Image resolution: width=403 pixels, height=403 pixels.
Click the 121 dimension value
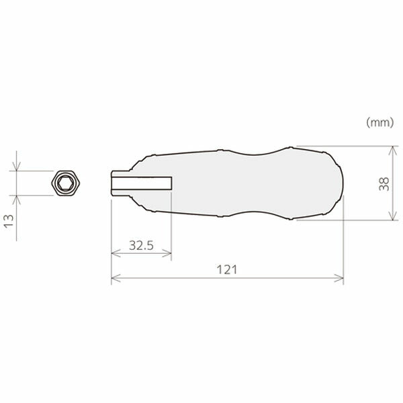point(227,269)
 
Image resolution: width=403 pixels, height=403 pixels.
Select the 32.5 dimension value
point(141,245)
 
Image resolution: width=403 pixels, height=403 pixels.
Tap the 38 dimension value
point(384,184)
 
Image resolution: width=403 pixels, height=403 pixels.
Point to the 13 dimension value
point(9,221)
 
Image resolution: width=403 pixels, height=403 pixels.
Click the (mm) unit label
point(380,123)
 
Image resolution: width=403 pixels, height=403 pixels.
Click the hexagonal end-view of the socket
point(66,183)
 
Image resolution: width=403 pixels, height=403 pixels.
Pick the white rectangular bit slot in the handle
point(142,183)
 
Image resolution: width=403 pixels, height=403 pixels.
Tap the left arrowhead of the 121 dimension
point(116,278)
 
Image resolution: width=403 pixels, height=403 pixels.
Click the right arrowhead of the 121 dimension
point(339,278)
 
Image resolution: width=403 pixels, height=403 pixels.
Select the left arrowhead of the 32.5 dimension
point(116,253)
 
